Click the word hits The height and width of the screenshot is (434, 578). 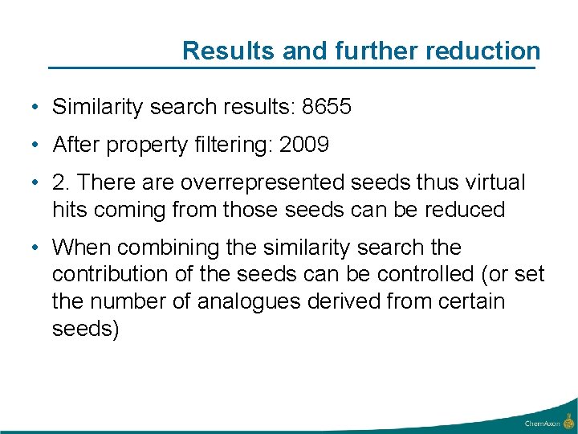pos(70,210)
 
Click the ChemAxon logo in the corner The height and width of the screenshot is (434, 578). pos(550,421)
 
